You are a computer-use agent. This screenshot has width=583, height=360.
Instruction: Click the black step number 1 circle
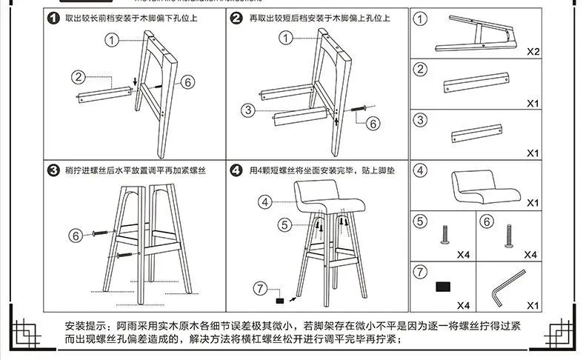[x=53, y=18]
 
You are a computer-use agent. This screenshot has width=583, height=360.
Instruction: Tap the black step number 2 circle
[x=236, y=18]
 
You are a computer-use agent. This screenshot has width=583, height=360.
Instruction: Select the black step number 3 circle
[x=53, y=170]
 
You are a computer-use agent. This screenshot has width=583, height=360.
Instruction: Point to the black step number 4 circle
[x=236, y=170]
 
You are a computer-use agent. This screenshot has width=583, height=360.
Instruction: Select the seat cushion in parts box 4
[x=482, y=187]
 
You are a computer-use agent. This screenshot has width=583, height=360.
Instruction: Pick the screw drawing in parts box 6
[x=509, y=236]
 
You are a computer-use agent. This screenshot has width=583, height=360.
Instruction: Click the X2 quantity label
[x=532, y=53]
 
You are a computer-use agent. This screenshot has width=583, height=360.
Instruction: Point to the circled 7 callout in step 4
[x=259, y=287]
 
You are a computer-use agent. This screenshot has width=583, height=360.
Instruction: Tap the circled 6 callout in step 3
[x=75, y=236]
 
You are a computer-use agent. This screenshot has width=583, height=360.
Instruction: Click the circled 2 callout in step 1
[x=79, y=76]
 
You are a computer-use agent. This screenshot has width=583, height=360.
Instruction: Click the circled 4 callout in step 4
[x=266, y=201]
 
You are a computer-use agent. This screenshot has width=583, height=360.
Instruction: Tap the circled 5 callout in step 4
[x=285, y=223]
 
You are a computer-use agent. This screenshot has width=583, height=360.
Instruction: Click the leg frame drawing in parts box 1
[x=474, y=32]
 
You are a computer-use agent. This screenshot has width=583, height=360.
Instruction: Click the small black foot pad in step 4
[x=280, y=301]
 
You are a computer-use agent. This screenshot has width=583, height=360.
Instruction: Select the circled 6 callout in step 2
[x=373, y=123]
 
